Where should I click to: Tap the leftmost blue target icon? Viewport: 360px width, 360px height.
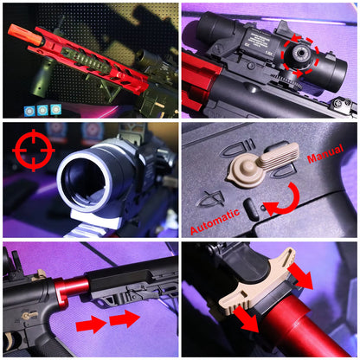[29, 110]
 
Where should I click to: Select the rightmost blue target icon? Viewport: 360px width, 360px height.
[56, 109]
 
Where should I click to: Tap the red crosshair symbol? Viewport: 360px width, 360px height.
[33, 150]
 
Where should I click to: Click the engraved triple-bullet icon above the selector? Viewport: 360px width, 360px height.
[238, 148]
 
